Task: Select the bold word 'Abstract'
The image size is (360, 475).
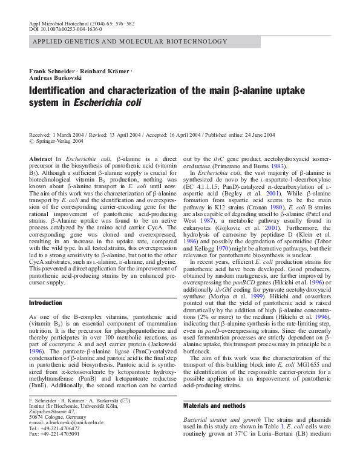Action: pyautogui.click(x=41, y=157)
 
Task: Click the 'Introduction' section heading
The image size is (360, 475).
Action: pyautogui.click(x=45, y=303)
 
